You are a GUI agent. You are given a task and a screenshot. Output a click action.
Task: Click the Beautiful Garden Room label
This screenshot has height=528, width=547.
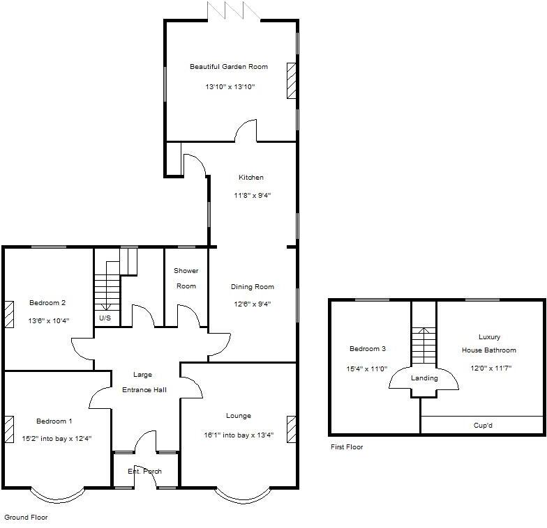229,67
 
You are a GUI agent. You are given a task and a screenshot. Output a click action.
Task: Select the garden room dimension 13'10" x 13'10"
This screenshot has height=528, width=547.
230,87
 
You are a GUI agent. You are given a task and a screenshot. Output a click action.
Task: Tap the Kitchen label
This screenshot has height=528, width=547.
251,178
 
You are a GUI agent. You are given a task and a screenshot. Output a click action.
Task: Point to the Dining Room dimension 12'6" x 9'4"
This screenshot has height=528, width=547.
253,304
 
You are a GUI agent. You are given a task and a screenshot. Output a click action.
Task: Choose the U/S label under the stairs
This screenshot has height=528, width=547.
105,318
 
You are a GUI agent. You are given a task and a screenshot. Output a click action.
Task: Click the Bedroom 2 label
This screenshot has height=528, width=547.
47,302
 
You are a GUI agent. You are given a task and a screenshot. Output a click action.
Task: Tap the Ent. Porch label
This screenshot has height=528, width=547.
144,472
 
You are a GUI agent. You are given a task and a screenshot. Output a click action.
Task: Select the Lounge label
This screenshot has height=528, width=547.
239,416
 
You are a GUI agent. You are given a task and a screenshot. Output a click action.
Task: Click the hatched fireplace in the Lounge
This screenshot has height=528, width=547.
291,429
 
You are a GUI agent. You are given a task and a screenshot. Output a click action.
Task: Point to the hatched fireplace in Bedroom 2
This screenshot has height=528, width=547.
9,313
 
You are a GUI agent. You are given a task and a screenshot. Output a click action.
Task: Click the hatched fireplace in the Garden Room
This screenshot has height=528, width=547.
291,80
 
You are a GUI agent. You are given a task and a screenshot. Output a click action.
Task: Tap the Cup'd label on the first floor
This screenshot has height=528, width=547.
483,425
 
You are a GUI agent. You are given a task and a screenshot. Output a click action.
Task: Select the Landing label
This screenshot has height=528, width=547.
424,378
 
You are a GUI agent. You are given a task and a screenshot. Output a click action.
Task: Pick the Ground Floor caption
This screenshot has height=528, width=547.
26,518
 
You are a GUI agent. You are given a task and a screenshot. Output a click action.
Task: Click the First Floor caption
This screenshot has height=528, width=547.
347,447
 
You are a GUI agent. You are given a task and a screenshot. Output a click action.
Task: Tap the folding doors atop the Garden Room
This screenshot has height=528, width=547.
234,10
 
